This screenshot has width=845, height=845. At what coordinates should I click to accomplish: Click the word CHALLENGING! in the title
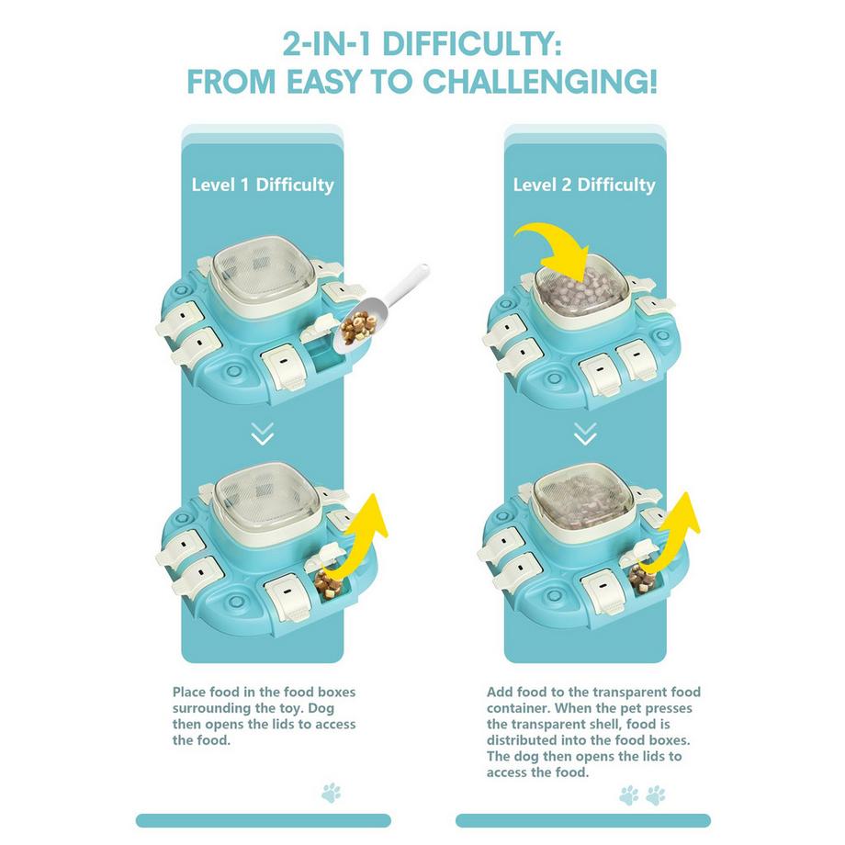point(540,82)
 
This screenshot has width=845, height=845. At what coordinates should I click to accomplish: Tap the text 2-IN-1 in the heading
point(327,44)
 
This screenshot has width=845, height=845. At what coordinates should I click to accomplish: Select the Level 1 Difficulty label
point(263,185)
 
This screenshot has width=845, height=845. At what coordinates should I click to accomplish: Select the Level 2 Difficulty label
point(584,185)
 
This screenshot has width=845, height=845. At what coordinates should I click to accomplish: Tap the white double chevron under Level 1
point(263,434)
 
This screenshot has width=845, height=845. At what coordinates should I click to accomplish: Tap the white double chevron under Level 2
point(585,434)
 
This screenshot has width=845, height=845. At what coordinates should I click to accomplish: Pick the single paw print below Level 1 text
point(332,793)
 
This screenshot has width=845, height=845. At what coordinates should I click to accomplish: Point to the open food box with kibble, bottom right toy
point(642,580)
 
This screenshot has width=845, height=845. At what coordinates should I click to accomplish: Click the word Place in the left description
point(189,692)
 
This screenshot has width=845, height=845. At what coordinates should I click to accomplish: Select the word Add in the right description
point(500,692)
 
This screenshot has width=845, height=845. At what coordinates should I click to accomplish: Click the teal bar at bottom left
point(263,821)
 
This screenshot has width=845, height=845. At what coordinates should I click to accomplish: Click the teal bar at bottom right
point(583,821)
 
